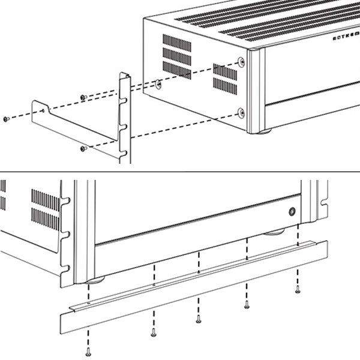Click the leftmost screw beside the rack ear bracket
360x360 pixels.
pos(6,119)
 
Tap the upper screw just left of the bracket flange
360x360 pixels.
pos(83,97)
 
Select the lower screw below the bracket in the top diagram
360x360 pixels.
pos(83,148)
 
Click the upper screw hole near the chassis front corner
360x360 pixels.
pos(241,62)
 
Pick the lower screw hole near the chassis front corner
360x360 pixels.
pos(241,112)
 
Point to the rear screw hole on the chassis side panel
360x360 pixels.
pos(158,85)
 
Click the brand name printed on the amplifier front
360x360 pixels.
pos(346,37)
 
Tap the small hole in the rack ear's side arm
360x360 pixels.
pos(46,109)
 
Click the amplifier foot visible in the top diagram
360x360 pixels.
pos(263,131)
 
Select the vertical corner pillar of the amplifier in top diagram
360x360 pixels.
pos(256,90)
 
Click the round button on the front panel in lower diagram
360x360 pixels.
pos(292,211)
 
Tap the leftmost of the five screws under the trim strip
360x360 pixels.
pos(89,352)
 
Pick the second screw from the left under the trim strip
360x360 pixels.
pos(154,331)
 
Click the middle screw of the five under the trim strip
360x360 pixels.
pos(199,319)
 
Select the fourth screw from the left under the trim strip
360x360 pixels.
pos(247,305)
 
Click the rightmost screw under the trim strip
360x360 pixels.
pos(298,290)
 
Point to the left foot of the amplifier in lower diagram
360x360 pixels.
pos(95,280)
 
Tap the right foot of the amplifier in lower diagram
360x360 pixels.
pos(275,231)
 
